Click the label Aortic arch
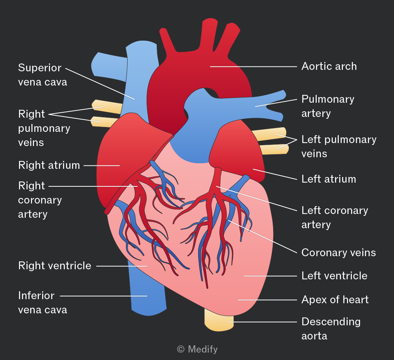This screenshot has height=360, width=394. click(329, 66)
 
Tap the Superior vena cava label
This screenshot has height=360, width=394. click(43, 75)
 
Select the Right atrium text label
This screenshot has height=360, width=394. click(49, 165)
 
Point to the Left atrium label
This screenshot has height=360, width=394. click(329, 179)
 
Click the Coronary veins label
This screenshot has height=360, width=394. click(338, 252)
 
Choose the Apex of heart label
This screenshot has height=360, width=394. click(335, 300)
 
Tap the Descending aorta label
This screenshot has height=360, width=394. click(331, 329)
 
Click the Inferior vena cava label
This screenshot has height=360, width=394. click(43, 302)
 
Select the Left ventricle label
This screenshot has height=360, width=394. click(334, 276)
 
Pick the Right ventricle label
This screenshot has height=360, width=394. click(55, 266)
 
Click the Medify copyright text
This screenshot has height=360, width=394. click(197, 349)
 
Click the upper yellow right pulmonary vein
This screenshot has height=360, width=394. click(107, 107)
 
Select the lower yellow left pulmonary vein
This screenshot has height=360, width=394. click(274, 149)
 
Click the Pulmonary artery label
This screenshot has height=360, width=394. click(328, 106)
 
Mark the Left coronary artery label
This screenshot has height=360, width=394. click(334, 217)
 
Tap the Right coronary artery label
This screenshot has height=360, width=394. click(40, 200)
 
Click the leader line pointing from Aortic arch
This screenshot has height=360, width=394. click(254, 67)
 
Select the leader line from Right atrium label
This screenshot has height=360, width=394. click(101, 165)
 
